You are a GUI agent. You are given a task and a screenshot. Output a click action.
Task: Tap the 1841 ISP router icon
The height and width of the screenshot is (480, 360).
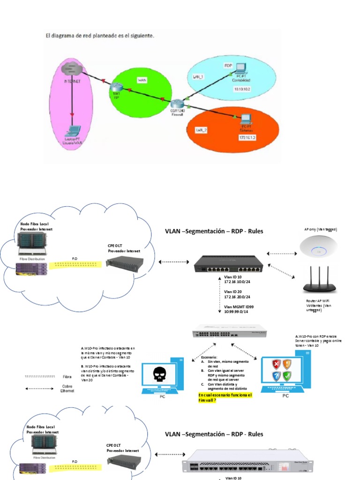(x=116, y=87)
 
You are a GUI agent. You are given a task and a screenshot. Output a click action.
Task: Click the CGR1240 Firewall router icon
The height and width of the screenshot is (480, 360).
(x=178, y=105)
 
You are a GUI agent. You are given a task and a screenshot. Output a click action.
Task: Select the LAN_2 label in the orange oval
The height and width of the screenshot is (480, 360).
(x=202, y=130)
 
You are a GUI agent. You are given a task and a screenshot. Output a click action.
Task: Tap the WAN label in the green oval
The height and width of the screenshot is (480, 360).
(x=142, y=81)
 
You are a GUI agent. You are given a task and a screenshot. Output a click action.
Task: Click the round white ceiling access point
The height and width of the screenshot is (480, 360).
(x=320, y=246)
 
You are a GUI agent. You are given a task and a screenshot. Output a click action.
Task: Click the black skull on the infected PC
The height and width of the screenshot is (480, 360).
(x=159, y=375)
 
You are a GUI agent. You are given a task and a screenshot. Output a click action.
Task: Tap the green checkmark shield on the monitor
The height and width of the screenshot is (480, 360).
(x=286, y=375)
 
